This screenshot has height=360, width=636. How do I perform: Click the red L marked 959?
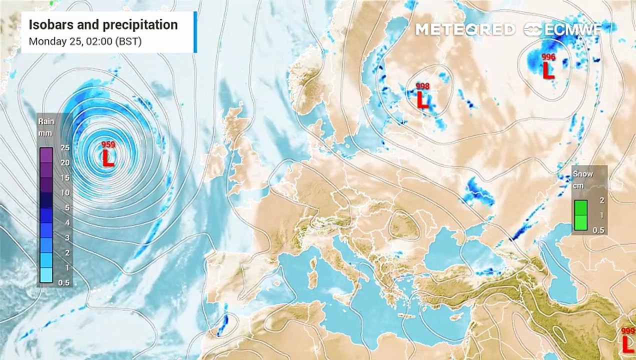coord(108,159)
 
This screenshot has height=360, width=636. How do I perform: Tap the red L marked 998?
coord(422,101)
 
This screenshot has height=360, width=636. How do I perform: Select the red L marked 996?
coord(548,70)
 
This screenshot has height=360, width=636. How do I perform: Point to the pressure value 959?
coord(108,145)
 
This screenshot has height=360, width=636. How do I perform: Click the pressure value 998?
coord(422,86)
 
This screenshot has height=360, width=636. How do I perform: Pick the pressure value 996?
coord(548,56)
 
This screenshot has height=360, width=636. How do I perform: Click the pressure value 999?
coord(628,331)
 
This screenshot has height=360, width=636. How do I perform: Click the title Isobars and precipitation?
coord(103,24)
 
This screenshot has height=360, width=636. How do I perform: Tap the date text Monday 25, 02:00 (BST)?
coord(85,41)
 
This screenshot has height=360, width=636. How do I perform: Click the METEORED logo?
coord(465,29)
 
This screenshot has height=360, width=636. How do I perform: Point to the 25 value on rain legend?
coord(64,147)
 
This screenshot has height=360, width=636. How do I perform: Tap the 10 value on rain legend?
coord(64,192)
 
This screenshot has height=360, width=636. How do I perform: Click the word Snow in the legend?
coord(583,174)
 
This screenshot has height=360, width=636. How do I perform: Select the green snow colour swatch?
coord(580,215)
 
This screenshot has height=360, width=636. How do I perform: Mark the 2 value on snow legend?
coord(602,200)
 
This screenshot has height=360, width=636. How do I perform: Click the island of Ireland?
coord(218,155)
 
